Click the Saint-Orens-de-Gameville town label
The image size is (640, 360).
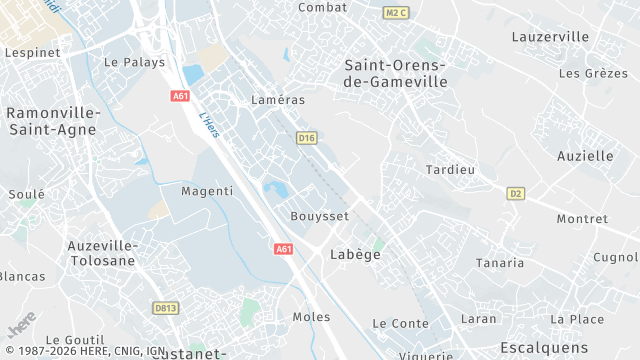[x=395, y=73]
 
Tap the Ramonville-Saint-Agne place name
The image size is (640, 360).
[x=52, y=121]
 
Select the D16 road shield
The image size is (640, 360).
[x=306, y=137]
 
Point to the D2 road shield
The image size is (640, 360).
[x=516, y=193]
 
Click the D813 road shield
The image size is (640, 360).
[x=166, y=308]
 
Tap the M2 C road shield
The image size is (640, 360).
[x=397, y=13]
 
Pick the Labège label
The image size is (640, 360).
[x=355, y=255]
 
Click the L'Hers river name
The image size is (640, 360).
[x=209, y=125]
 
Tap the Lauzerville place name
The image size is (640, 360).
[x=550, y=37]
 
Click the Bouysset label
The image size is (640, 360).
[x=319, y=216]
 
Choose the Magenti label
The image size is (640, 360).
[x=207, y=190]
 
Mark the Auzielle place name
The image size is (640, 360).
[x=585, y=156]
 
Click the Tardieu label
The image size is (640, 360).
[x=450, y=169]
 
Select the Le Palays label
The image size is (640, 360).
[x=134, y=62]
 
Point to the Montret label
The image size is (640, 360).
[x=582, y=219]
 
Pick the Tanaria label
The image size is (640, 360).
[x=500, y=263]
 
